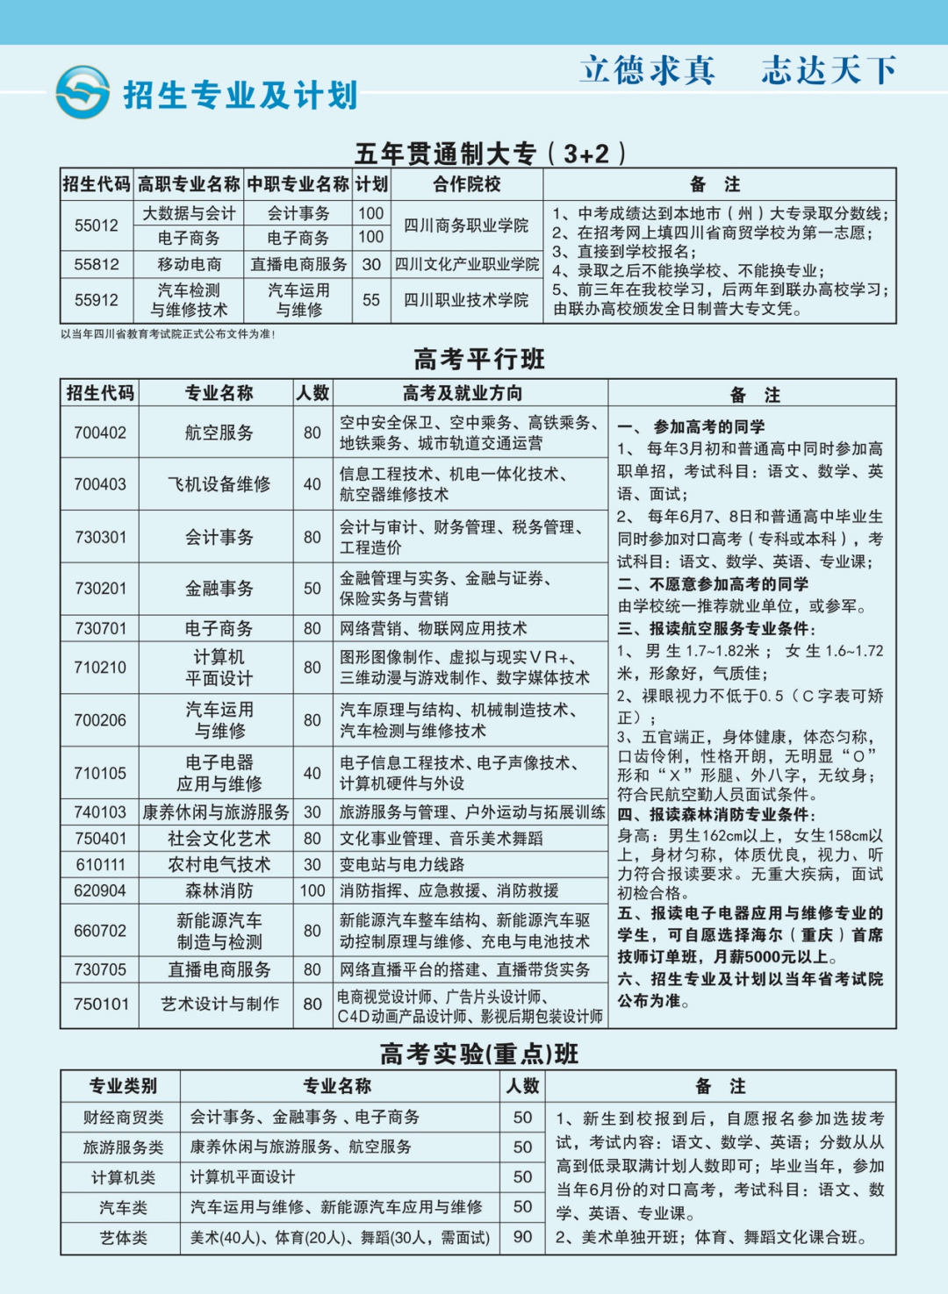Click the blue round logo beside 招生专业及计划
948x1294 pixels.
[83, 92]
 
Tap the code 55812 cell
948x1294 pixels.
[97, 264]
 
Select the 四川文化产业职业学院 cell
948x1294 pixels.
[466, 264]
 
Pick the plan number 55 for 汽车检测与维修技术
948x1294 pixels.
[371, 300]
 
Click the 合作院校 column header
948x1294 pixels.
[466, 184]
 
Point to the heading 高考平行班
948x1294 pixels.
[479, 359]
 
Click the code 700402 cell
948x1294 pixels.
[100, 433]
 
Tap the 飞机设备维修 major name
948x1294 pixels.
[219, 484]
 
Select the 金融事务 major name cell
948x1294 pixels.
[219, 589]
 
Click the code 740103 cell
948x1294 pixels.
[100, 812]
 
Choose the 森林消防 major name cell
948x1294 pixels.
[219, 890]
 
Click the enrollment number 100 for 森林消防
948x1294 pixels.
[312, 890]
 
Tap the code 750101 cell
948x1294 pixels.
[100, 1004]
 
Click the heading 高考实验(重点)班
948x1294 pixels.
[479, 1054]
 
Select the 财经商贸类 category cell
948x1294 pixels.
[123, 1117]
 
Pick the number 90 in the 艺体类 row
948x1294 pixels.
[522, 1237]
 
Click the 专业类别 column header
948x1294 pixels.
[123, 1086]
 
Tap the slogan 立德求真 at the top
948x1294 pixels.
[648, 70]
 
